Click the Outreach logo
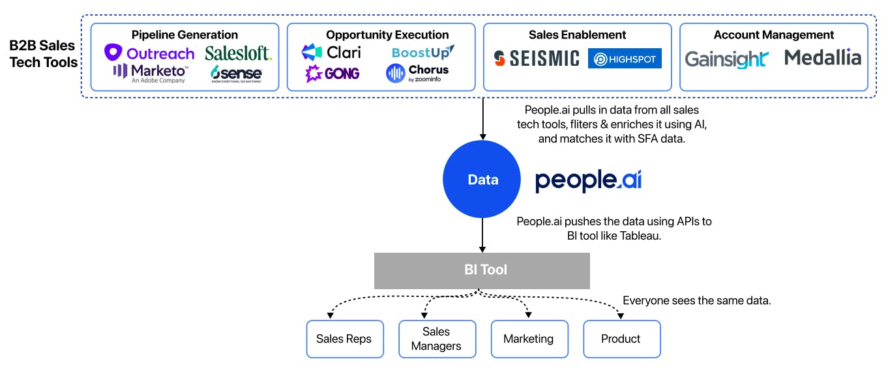pos(149,53)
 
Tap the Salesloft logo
pos(238,53)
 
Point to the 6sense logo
pos(236,74)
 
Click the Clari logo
pos(331,52)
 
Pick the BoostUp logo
pos(423,52)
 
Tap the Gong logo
pos(333,74)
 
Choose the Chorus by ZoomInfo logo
pos(417,73)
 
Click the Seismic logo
pos(536,59)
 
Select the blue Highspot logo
pos(625,59)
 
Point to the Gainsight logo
pos(726,59)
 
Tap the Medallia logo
pos(822,58)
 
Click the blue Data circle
pos(482,180)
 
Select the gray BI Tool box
pos(482,270)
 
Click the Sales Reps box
pos(344,339)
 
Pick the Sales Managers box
pos(437,339)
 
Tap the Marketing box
pos(529,339)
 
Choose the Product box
pos(621,339)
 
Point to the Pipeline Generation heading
pos(185,35)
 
